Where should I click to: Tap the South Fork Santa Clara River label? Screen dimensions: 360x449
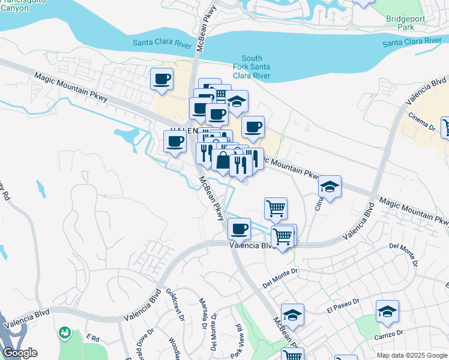point(252,66)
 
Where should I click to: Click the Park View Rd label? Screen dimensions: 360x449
point(238,338)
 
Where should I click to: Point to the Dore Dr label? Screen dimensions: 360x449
point(142,338)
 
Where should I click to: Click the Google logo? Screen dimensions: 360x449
point(20,353)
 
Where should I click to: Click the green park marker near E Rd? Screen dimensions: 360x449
point(64,332)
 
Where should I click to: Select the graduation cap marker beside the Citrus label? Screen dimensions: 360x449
point(330,187)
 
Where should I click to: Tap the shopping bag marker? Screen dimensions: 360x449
point(223,160)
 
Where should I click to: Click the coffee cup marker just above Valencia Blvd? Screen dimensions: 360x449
point(239,229)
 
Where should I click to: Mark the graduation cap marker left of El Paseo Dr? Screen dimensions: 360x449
point(292,314)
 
